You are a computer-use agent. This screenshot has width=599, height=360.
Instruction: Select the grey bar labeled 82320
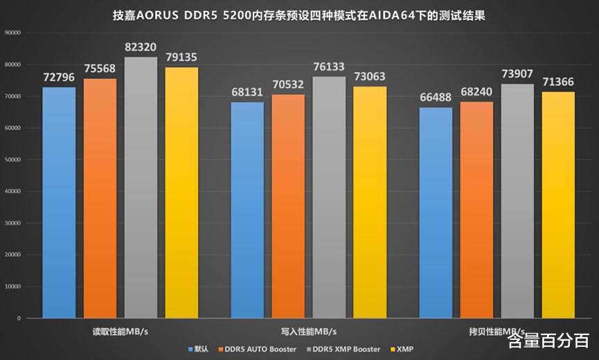(141, 187)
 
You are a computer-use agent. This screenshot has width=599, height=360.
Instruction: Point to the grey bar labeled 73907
(517, 201)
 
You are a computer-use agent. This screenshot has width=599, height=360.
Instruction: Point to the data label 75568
(100, 69)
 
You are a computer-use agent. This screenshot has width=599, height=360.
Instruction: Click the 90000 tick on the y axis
(12, 33)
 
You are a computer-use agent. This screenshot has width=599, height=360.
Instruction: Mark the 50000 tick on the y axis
(12, 159)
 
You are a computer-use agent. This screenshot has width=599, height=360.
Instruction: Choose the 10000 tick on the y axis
(12, 286)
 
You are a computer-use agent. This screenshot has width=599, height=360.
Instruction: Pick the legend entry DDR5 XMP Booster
(344, 349)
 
